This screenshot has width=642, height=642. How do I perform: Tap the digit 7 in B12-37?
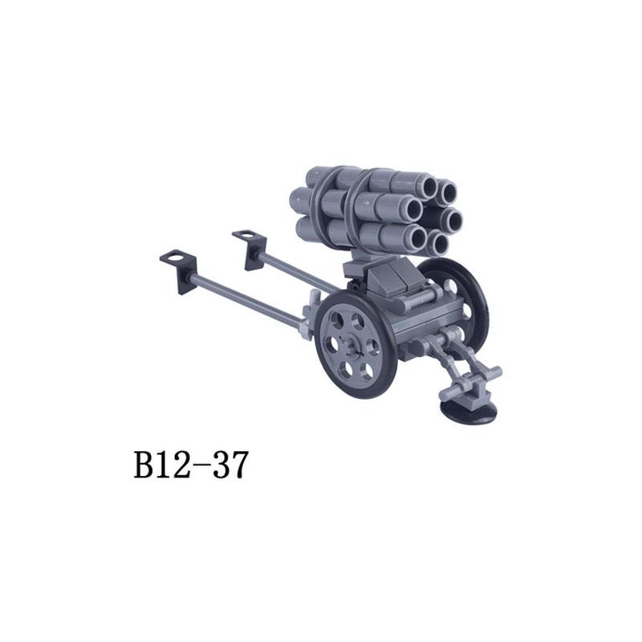click(x=238, y=465)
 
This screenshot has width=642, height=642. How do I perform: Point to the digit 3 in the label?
click(x=219, y=465)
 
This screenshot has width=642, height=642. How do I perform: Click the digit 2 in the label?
click(x=181, y=465)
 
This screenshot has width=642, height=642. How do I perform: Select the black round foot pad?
click(x=470, y=412)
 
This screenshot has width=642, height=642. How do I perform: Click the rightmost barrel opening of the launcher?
click(x=453, y=219)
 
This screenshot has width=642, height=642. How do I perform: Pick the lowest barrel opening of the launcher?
click(x=438, y=244)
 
